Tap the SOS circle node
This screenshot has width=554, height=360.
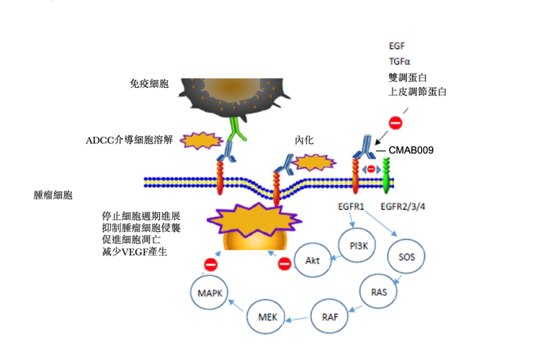(406, 256)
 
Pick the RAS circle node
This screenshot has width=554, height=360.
(378, 292)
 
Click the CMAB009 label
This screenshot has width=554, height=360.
(411, 150)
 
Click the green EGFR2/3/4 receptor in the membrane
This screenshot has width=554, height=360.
(387, 179)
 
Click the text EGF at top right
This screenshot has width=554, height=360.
(397, 47)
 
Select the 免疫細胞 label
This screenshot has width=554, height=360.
(148, 82)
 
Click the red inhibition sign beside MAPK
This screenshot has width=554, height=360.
(211, 264)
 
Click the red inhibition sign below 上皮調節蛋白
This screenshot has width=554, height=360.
(396, 123)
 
